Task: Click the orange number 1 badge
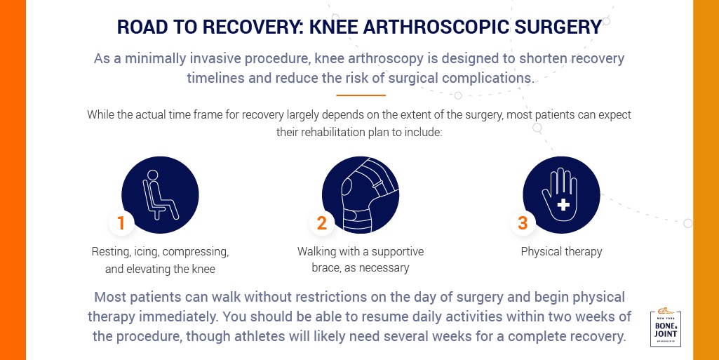point(121,223)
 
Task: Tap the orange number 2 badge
point(322,223)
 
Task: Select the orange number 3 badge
point(523,223)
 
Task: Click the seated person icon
point(160,195)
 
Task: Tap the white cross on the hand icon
point(563,204)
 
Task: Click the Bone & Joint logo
point(666,328)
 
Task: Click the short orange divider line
point(361,95)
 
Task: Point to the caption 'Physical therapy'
point(561,252)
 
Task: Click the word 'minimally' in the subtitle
point(148,59)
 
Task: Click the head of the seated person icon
point(153,175)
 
